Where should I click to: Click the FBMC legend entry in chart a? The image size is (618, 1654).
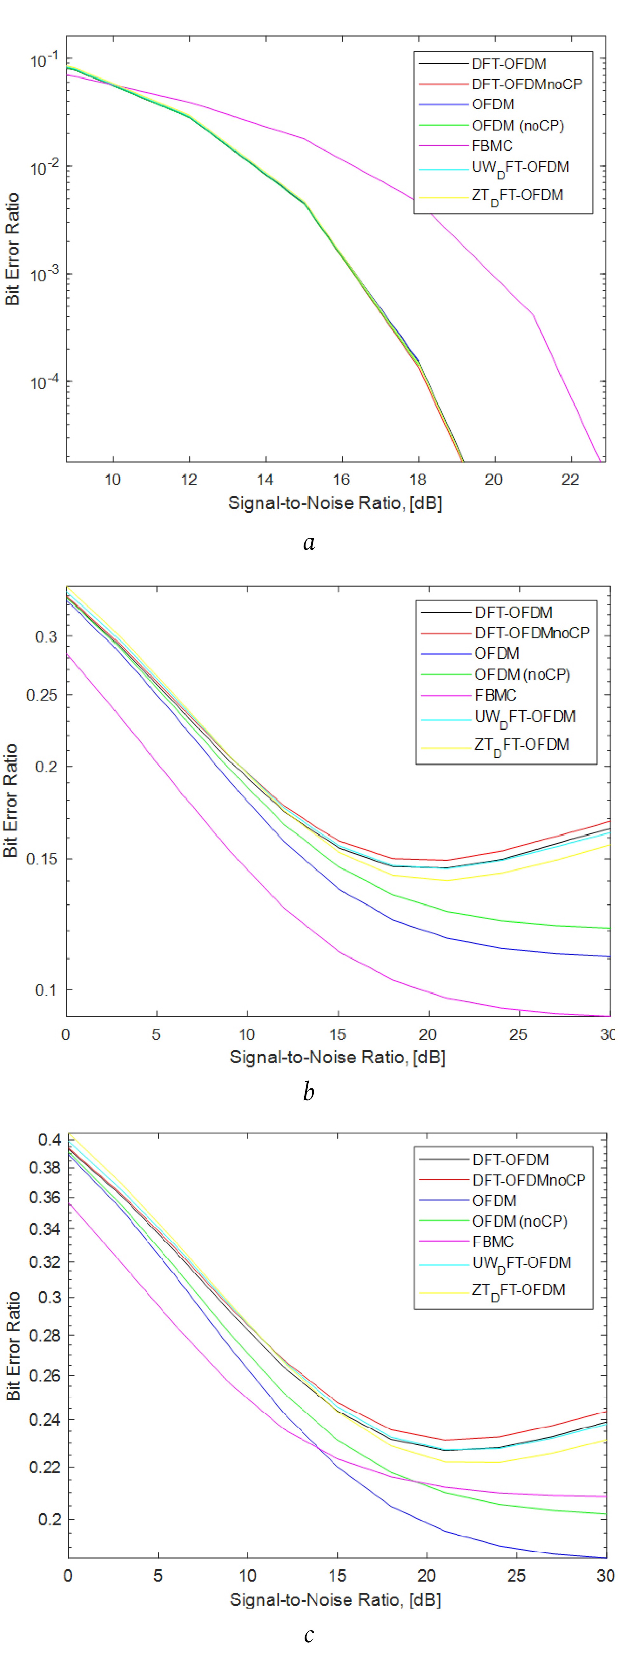492,146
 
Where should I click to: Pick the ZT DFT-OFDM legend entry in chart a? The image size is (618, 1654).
517,195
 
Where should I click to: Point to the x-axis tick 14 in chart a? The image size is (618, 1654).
265,480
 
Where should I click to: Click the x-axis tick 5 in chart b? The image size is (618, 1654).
156,1034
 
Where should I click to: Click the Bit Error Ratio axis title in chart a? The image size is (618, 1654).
13,249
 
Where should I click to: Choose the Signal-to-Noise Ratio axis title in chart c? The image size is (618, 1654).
335,1599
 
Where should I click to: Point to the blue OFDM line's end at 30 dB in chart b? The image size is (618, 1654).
608,956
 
